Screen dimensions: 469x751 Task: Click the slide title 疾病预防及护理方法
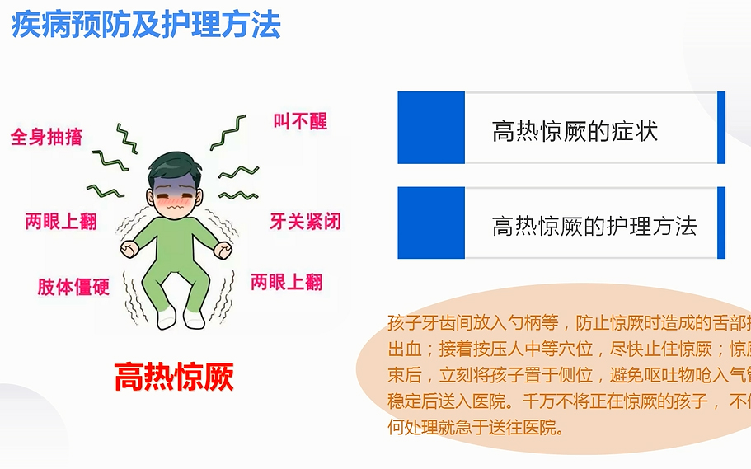(146, 24)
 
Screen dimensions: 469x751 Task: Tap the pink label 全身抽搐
(46, 136)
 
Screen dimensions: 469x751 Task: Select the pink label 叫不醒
(300, 121)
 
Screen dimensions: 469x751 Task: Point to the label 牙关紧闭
(305, 221)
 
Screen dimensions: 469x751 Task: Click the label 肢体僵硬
(73, 287)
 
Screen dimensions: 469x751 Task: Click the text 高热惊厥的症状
(575, 131)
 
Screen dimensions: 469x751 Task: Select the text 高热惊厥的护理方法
(594, 226)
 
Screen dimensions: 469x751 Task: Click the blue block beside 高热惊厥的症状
(431, 128)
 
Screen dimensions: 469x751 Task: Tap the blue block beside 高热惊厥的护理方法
(431, 223)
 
